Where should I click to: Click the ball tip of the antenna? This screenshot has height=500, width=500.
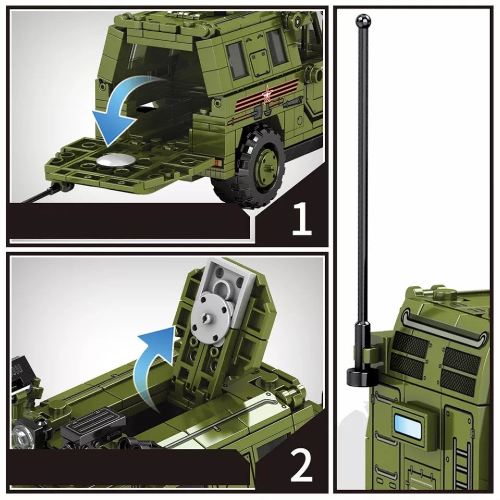[363, 21]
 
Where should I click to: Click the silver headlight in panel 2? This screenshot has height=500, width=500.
[21, 432]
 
